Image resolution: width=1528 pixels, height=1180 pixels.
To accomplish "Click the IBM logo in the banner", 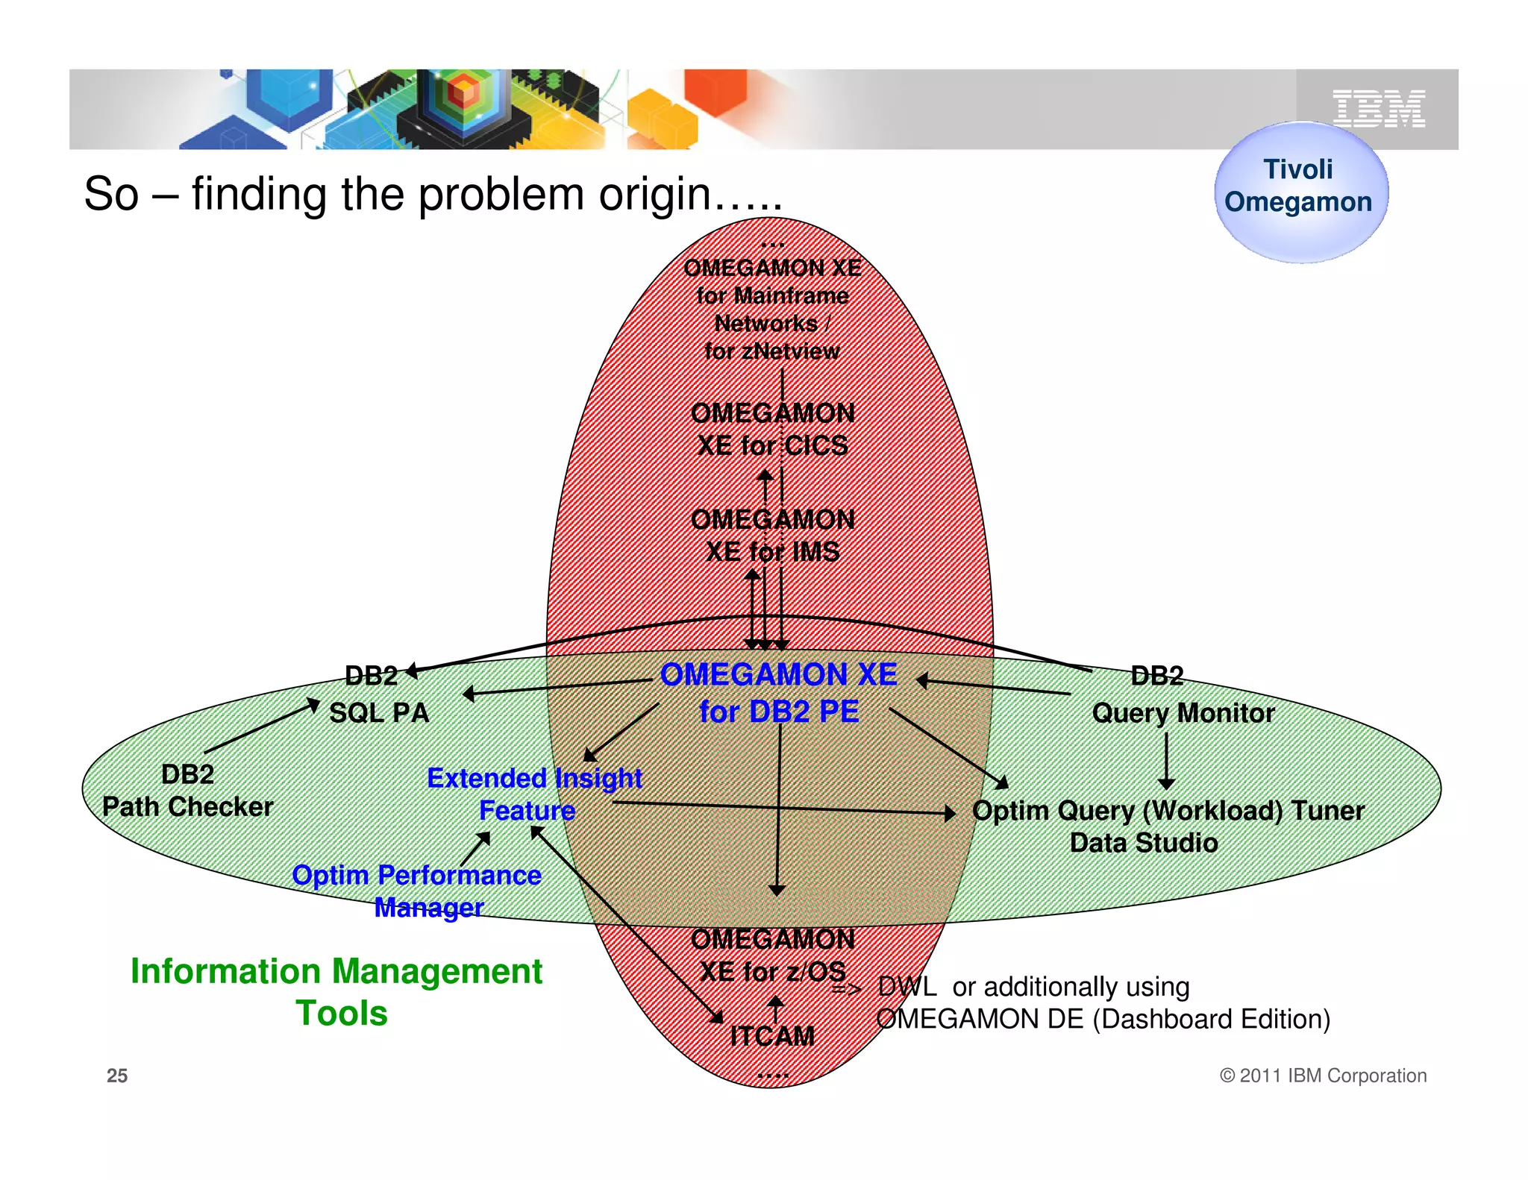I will [x=1378, y=109].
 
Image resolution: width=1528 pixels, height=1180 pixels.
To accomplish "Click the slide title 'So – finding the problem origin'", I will [x=433, y=194].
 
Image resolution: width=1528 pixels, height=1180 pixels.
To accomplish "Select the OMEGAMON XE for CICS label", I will [x=772, y=430].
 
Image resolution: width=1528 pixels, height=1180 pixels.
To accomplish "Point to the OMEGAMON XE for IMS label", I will [x=772, y=536].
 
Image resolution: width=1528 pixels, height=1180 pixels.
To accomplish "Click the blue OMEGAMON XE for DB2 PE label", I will [x=778, y=692].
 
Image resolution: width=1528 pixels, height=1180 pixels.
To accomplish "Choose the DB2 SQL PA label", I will [x=378, y=695].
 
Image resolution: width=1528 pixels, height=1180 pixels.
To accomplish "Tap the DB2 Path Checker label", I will [x=187, y=791].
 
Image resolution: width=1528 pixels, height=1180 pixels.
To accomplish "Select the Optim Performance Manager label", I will [x=417, y=891].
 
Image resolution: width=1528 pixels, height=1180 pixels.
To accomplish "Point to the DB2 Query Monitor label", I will [x=1183, y=695].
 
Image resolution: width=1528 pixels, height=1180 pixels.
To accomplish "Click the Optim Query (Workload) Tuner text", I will [x=1168, y=811].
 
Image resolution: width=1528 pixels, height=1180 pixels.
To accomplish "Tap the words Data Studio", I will [x=1143, y=843].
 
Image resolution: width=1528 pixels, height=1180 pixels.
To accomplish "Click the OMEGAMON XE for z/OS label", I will [x=772, y=955].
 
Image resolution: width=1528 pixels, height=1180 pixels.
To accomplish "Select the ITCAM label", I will [x=772, y=1036].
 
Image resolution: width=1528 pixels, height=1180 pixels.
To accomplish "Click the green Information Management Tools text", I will [x=336, y=991].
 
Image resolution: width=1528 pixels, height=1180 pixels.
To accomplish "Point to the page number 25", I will [x=117, y=1076].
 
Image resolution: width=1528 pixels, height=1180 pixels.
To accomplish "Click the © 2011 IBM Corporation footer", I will [x=1322, y=1076].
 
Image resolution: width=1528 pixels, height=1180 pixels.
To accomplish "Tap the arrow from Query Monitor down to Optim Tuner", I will [x=1166, y=761].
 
